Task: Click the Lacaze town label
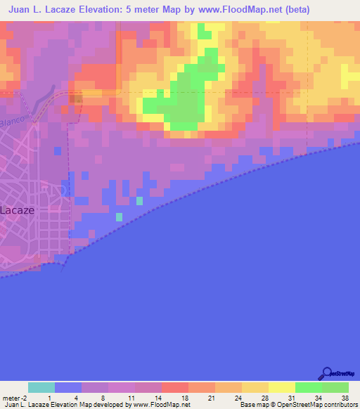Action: pos(16,209)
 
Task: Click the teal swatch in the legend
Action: pos(41,387)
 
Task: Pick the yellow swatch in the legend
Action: pos(281,387)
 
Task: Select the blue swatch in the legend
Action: pos(68,387)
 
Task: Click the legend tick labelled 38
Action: pos(344,398)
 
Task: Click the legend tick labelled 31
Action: pos(292,398)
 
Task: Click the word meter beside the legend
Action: pos(12,398)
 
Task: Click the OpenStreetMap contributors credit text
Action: pos(309,405)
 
